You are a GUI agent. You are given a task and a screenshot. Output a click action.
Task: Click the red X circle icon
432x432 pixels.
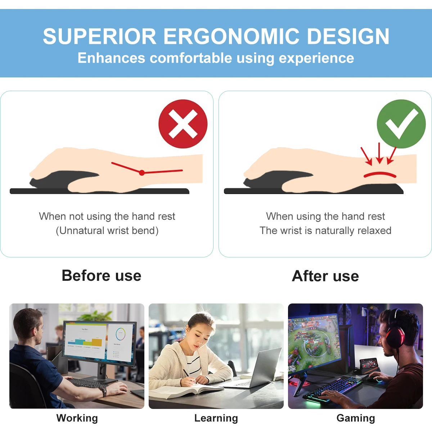click(183, 124)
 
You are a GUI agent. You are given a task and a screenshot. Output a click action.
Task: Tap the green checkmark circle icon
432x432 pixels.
click(401, 124)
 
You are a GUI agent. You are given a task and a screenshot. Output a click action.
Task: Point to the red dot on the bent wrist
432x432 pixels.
click(142, 173)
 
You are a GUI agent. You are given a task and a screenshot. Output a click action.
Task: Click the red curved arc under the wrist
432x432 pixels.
click(380, 174)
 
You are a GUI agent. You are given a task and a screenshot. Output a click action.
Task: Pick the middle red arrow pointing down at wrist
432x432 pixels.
click(379, 153)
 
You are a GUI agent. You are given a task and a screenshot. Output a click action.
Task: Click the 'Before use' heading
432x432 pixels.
click(102, 276)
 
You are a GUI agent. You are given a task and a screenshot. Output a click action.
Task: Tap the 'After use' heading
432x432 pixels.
click(325, 276)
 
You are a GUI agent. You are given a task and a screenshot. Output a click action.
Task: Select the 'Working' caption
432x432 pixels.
click(77, 418)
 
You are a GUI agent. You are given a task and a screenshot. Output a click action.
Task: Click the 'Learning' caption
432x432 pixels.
click(216, 418)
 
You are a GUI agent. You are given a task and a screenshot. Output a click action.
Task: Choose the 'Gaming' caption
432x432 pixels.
click(356, 418)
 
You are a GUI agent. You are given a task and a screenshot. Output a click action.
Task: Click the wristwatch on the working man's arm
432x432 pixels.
click(104, 391)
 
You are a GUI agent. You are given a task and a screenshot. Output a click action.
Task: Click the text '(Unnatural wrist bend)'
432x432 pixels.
click(107, 230)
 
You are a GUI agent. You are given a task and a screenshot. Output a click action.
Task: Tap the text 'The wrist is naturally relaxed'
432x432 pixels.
click(325, 230)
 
